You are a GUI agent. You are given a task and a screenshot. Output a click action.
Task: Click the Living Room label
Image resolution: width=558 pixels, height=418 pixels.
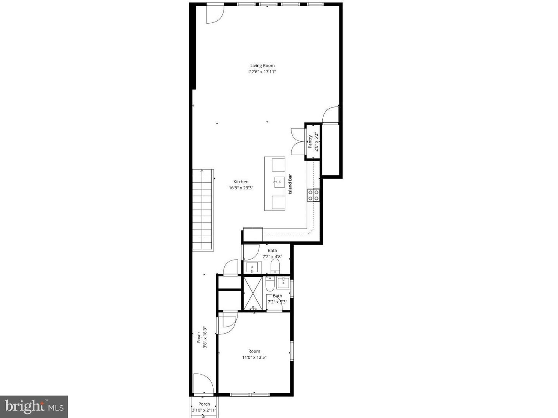[x=262, y=65]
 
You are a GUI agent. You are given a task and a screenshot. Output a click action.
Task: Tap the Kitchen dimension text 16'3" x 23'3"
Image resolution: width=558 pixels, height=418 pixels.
[x=241, y=188]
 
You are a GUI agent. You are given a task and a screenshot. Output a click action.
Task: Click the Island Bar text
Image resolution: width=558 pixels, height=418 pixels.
[x=290, y=184]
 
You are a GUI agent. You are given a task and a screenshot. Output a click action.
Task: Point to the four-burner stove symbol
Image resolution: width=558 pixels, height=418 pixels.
[x=313, y=195]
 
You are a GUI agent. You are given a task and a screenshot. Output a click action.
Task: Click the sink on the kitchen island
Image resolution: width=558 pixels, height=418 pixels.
[x=279, y=182]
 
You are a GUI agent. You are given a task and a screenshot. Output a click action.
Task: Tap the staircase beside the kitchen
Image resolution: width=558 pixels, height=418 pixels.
[x=203, y=209]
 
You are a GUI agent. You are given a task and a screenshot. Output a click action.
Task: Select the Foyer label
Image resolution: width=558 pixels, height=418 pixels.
[x=199, y=337]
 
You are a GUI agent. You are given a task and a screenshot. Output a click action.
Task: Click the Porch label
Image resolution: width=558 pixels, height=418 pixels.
[x=204, y=404]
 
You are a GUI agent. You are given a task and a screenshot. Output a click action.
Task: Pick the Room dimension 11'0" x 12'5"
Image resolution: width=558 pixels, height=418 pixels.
[x=254, y=358]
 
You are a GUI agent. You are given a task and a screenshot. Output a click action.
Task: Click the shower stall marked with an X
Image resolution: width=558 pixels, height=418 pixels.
[x=254, y=293]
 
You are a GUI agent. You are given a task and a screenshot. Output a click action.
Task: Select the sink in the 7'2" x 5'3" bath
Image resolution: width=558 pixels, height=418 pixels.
[x=284, y=282]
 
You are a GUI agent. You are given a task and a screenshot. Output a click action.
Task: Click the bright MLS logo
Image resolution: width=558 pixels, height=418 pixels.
[x=34, y=406]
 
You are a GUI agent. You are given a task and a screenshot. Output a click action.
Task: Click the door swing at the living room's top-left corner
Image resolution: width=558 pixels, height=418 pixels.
[x=215, y=14]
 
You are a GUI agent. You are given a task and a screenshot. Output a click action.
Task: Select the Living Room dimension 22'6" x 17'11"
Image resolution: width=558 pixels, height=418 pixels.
[x=262, y=72]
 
